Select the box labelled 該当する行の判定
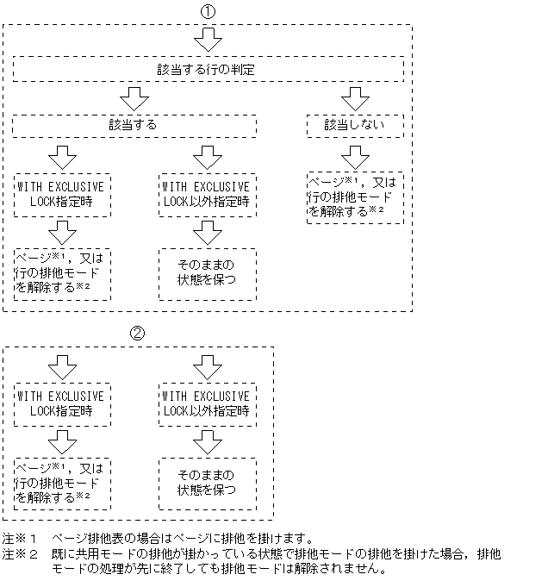point(207,69)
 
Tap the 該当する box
point(134,125)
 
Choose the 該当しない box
point(354,125)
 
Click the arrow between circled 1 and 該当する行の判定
point(207,40)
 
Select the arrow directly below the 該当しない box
point(354,156)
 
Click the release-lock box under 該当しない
point(354,197)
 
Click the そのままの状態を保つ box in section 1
point(207,273)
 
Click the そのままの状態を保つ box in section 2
point(207,483)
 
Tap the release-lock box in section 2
point(61,483)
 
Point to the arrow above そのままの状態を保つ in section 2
point(207,441)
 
